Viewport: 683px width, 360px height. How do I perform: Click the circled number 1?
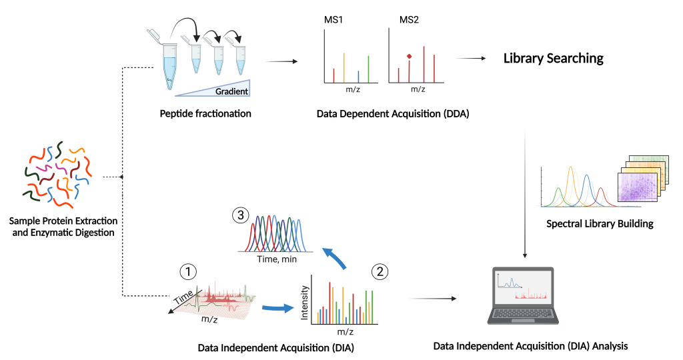(x=189, y=272)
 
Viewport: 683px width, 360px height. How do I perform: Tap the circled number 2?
(x=380, y=271)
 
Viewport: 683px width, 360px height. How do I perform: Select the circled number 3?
(x=240, y=215)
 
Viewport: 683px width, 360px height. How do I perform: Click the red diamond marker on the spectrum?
(x=409, y=55)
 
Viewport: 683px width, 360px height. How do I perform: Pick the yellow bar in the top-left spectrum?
(x=344, y=67)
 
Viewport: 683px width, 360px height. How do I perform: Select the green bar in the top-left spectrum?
(x=368, y=69)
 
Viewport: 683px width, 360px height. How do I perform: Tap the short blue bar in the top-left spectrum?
(x=358, y=76)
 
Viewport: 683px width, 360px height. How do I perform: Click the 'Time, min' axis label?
(x=276, y=259)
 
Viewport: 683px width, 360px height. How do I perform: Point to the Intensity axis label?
(x=305, y=302)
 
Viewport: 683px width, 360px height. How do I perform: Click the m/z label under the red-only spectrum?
(x=418, y=89)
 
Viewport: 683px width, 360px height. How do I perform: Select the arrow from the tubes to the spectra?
(x=280, y=62)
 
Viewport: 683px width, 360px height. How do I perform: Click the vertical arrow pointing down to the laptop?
(x=526, y=193)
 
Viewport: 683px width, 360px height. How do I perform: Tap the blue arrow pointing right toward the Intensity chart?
(x=277, y=308)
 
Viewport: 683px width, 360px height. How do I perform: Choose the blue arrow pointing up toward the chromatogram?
(x=335, y=258)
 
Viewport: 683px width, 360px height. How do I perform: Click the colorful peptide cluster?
(x=57, y=175)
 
